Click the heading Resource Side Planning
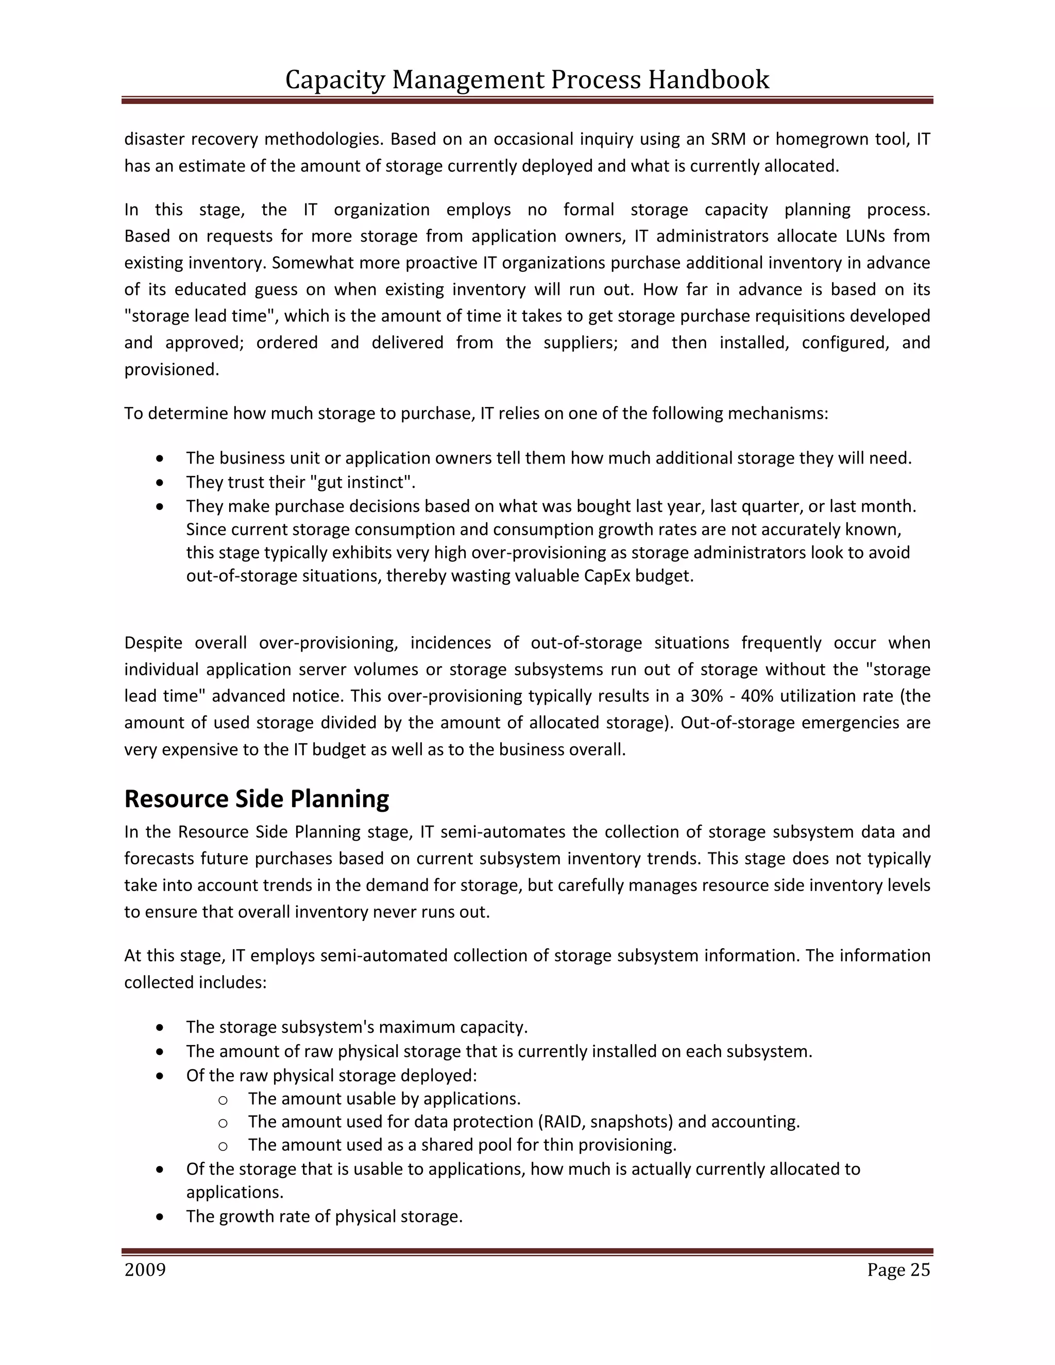256,799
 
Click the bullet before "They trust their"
161,483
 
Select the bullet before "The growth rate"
161,1217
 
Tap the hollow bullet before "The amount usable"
223,1099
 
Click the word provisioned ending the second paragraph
171,369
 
